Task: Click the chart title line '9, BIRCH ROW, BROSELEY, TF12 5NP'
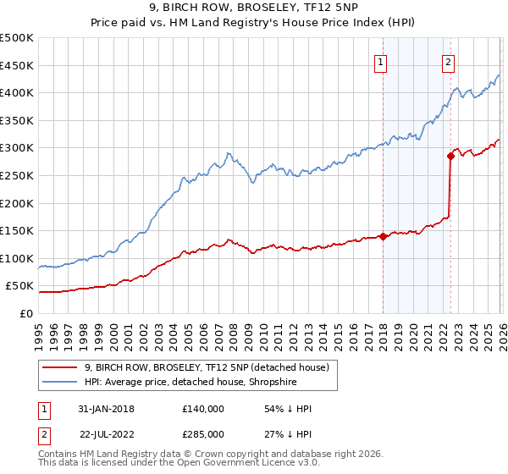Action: (253, 9)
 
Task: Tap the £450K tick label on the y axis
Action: (17, 65)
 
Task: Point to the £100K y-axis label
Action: (17, 258)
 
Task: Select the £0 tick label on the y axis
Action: (26, 313)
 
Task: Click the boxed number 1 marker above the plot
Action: (381, 61)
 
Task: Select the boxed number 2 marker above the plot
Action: (448, 61)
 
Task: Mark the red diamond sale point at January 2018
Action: (383, 236)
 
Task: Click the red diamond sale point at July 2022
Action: (450, 156)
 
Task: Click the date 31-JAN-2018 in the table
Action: (106, 409)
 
